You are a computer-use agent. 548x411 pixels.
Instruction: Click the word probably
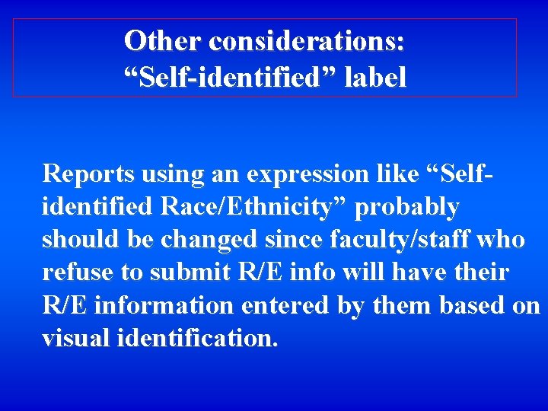pyautogui.click(x=407, y=207)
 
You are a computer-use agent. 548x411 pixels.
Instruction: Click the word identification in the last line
pyautogui.click(x=197, y=338)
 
